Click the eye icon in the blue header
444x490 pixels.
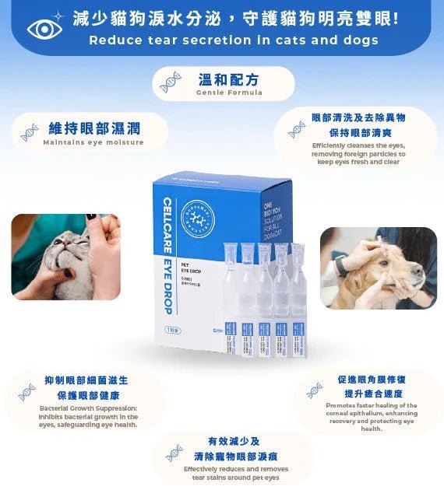click(44, 28)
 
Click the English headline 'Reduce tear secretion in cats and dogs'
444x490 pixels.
click(234, 40)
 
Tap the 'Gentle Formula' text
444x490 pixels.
click(229, 93)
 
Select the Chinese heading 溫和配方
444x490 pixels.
click(229, 79)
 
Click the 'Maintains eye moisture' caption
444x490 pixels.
click(93, 142)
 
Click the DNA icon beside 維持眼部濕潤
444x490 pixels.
click(30, 133)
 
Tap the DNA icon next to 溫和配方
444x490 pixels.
click(170, 83)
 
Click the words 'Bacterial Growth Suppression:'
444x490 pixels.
click(88, 408)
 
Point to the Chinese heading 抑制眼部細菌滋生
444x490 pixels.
click(86, 380)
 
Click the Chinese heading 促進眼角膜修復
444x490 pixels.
click(372, 380)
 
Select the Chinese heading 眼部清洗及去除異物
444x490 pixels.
click(358, 117)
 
